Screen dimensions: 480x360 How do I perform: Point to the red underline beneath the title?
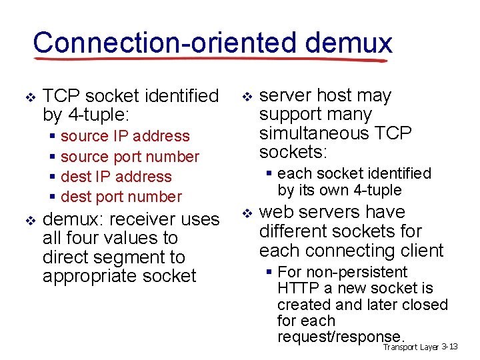(213, 59)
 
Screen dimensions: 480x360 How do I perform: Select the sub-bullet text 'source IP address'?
(125, 136)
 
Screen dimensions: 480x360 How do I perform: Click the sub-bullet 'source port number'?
(129, 157)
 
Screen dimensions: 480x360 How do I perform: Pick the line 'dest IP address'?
(116, 177)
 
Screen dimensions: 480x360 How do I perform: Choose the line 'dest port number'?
(121, 197)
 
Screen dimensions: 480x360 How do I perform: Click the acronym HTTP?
(299, 288)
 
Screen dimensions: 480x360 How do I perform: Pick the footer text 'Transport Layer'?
(411, 347)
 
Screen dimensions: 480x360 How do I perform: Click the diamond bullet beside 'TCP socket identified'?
(28, 97)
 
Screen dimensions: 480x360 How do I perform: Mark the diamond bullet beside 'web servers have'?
(246, 213)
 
